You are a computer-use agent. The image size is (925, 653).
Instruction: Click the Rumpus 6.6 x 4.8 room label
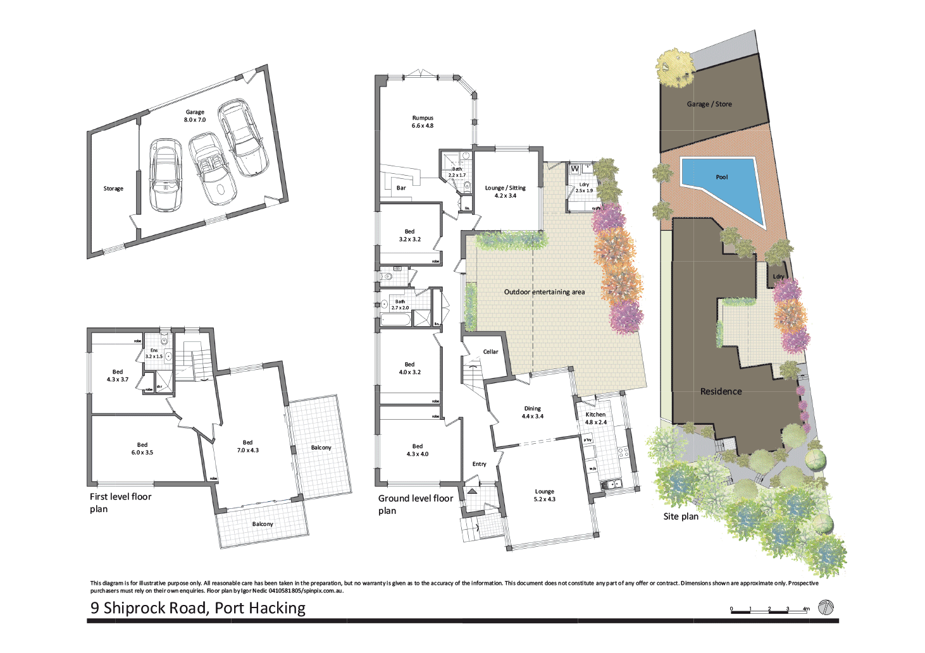coord(423,122)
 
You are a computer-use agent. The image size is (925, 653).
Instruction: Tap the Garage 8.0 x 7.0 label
coord(195,116)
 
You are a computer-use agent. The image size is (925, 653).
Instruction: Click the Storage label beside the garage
coord(113,188)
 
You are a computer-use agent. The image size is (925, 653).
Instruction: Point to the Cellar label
coord(490,351)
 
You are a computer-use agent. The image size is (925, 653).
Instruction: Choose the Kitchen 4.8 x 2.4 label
coord(595,418)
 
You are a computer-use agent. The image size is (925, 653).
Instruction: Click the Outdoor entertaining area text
coord(544,292)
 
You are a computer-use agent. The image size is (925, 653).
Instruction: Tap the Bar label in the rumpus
coord(401,188)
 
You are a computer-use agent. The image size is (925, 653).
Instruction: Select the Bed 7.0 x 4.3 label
coord(247,446)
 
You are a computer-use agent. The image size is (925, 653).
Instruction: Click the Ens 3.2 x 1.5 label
coord(154,353)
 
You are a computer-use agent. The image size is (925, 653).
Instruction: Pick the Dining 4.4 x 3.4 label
coord(532,412)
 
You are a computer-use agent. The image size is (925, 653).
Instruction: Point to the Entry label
coord(479,464)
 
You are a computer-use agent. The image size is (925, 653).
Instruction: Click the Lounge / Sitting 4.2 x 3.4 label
coord(505,192)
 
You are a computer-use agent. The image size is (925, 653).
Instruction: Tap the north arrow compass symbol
coord(826,607)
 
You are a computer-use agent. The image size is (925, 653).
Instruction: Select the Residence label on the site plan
coord(721,391)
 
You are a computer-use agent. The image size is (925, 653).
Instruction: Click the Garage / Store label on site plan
coord(709,104)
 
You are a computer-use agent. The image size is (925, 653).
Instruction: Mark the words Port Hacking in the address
coord(259,608)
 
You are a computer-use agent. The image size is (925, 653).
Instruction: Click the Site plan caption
coord(681,516)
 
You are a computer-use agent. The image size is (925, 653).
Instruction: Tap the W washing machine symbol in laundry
coord(574,169)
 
